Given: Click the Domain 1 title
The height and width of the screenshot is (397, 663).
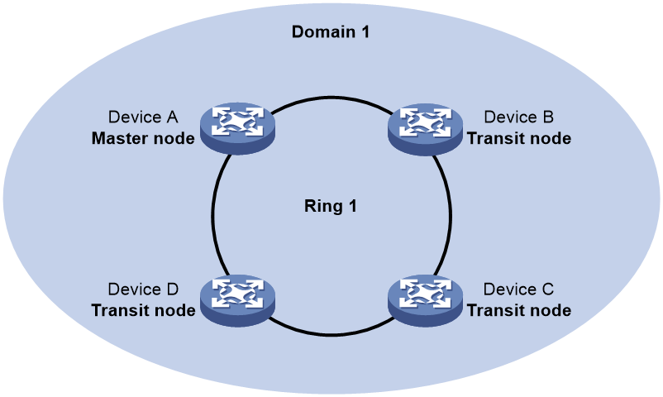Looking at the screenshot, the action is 330,32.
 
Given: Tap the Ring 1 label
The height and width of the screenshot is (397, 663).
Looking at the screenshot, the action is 330,206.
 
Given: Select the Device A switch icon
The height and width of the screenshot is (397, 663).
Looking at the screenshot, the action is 237,128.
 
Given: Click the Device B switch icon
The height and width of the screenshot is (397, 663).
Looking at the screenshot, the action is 425,129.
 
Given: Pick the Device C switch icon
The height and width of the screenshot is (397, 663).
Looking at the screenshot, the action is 425,301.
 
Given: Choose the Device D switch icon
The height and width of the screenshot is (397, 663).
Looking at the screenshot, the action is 237,301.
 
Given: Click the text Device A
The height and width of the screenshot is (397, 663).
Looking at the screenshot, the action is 143,117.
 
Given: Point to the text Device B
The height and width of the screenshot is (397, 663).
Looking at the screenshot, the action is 518,117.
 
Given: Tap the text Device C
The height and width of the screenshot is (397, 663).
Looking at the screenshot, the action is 518,289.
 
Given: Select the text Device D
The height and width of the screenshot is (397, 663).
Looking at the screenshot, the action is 143,289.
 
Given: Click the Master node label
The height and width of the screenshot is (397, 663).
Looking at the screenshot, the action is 143,138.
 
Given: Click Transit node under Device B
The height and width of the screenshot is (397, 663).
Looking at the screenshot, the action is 519,138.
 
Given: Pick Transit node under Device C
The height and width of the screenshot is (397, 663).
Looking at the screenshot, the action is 519,310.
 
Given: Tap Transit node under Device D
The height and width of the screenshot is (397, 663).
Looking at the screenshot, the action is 143,310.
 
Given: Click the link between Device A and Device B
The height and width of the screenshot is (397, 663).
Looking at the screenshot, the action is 331,98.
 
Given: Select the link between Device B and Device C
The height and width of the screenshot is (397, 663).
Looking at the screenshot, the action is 451,216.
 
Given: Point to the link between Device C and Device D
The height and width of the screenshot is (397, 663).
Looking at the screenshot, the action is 331,335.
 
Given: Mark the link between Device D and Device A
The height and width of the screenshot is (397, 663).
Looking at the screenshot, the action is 212,216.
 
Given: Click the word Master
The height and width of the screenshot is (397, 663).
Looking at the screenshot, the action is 119,138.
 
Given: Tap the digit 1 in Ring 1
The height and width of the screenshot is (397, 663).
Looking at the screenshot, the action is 352,206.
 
